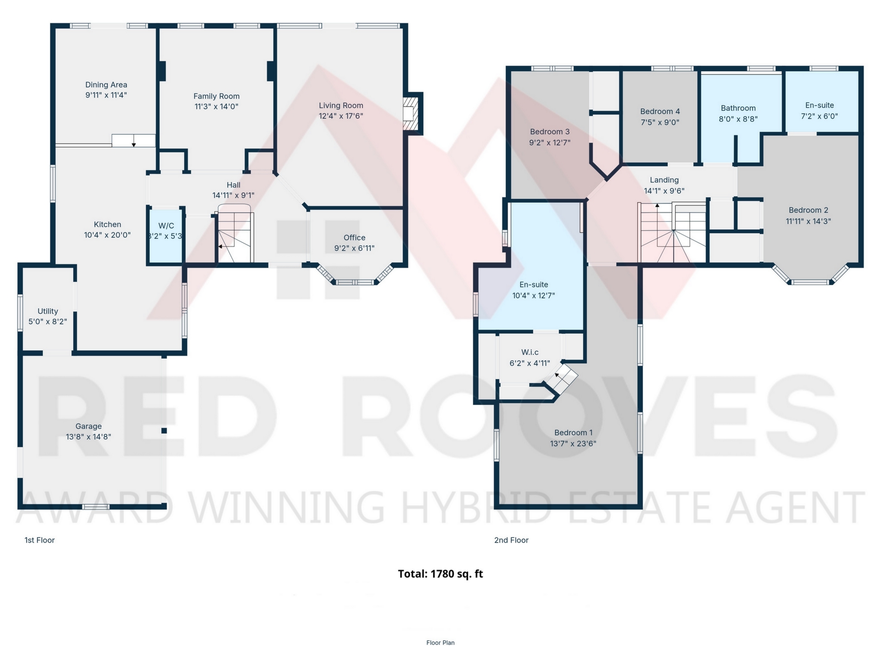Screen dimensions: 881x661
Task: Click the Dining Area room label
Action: click(106, 85)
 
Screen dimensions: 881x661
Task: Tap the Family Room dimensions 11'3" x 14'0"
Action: click(217, 106)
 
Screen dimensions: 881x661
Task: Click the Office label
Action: click(355, 238)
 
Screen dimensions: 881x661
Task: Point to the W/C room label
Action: click(166, 226)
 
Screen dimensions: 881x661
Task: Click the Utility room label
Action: click(48, 311)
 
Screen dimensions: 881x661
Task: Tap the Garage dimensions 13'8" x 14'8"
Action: click(89, 437)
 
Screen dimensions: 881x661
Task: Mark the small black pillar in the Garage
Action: click(164, 431)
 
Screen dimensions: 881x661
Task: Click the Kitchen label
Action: click(107, 224)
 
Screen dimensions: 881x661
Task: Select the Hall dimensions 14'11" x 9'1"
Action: click(234, 196)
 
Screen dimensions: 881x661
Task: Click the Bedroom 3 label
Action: click(550, 132)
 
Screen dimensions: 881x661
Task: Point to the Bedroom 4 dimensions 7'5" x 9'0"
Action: click(660, 123)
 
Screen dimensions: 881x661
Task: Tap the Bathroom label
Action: click(738, 108)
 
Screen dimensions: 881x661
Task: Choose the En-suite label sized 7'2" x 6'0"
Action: click(820, 105)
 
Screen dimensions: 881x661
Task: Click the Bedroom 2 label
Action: click(809, 210)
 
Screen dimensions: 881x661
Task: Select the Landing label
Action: click(664, 180)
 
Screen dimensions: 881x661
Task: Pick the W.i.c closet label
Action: click(530, 353)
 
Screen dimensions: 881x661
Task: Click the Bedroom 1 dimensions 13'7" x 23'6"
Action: click(573, 444)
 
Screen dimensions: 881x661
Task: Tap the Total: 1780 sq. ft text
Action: click(440, 574)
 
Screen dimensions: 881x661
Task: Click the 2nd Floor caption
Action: click(511, 540)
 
